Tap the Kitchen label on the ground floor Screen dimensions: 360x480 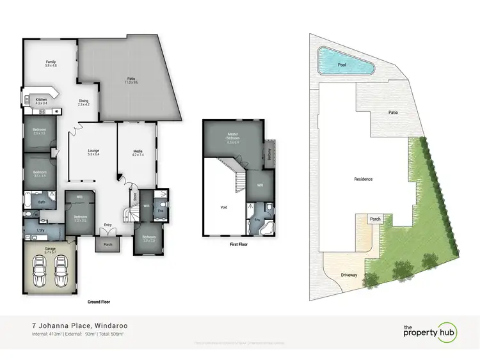click(42, 100)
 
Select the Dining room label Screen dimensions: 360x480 click(83, 101)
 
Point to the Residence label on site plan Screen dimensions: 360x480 click(362, 179)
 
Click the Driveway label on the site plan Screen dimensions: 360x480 click(348, 275)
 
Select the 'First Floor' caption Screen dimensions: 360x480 click(237, 244)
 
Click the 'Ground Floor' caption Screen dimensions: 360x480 click(102, 301)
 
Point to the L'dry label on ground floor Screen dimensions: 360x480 click(40, 230)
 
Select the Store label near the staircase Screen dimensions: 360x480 click(134, 196)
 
